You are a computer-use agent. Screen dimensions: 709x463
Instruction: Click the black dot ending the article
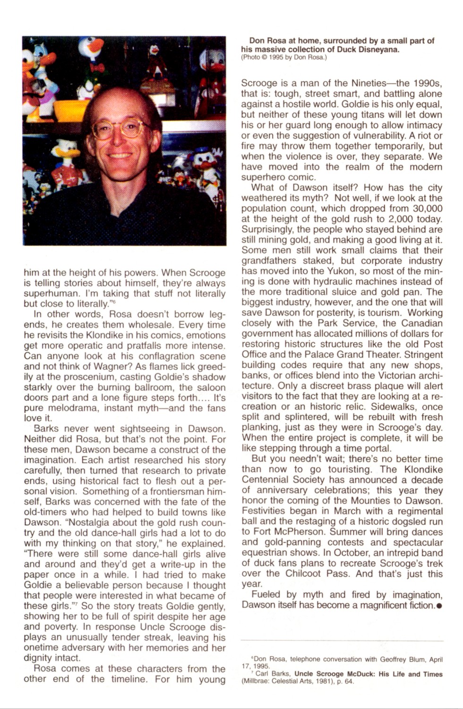[x=439, y=605]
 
